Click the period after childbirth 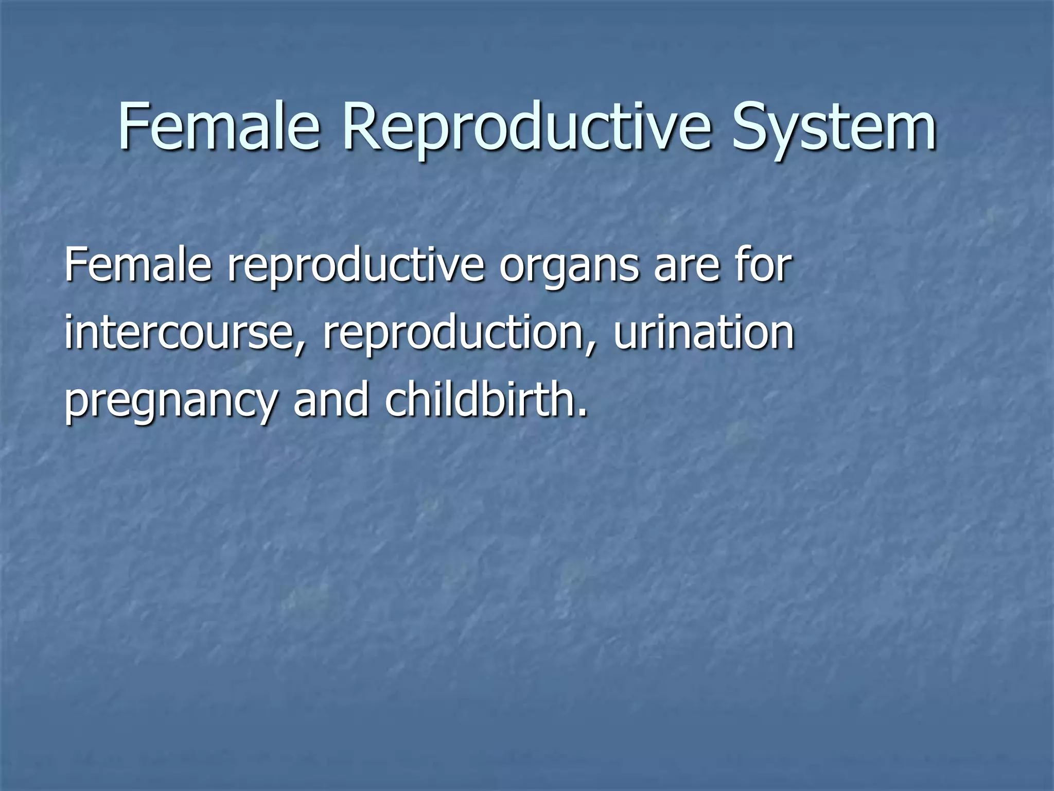(583, 412)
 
